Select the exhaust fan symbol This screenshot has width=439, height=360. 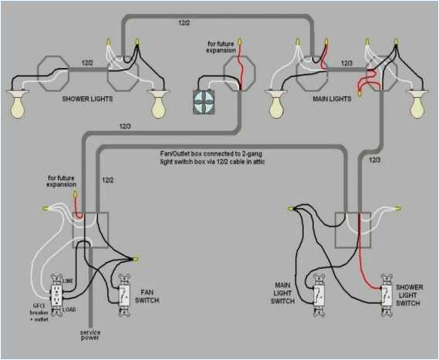(x=205, y=102)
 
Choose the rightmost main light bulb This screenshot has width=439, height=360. (x=418, y=104)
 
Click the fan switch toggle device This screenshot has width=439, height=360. (x=124, y=296)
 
